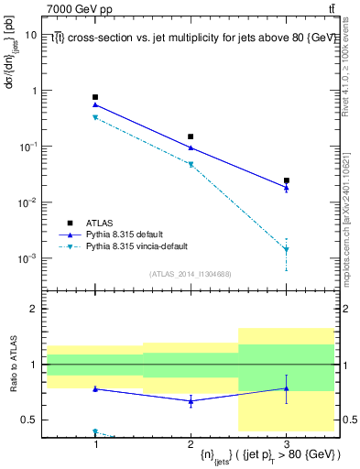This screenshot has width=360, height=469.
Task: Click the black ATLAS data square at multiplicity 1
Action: point(95,97)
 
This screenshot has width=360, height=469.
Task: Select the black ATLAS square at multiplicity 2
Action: point(191,136)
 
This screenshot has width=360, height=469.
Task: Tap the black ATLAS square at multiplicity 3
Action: point(287,180)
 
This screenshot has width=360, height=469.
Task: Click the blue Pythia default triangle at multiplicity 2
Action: point(191,147)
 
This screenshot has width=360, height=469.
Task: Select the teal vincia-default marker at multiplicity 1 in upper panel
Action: point(95,117)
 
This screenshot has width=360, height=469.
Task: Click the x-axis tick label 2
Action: point(191,442)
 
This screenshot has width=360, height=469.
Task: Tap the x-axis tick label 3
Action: point(287,442)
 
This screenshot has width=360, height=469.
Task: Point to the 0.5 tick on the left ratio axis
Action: point(35,420)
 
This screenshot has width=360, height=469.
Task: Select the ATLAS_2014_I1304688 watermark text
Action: point(191,274)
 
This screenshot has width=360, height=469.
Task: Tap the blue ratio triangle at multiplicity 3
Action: point(287,388)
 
